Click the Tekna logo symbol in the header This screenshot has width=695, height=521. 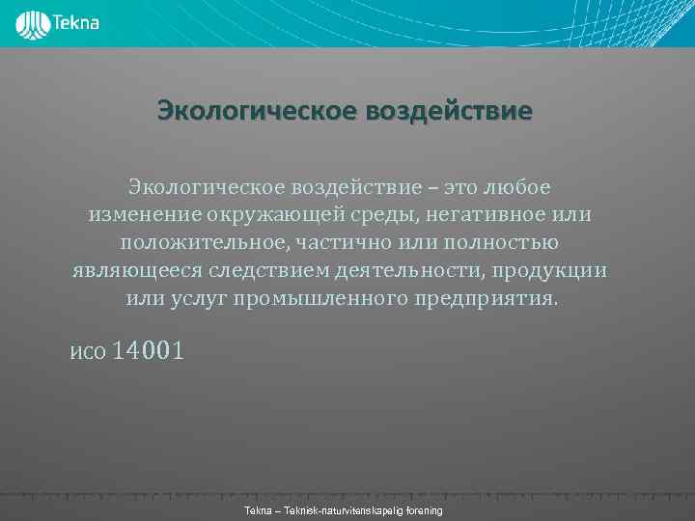(x=32, y=23)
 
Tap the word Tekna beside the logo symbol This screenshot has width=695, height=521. (x=76, y=21)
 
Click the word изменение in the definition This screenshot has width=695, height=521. (x=143, y=213)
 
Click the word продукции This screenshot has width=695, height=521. (x=553, y=269)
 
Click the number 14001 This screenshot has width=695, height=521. (x=147, y=351)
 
